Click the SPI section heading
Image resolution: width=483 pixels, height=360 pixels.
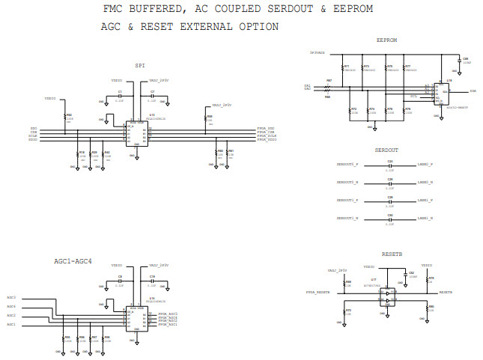point(140,65)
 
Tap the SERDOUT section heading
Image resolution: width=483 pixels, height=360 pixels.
point(387,150)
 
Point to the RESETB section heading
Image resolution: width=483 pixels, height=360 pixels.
point(392,254)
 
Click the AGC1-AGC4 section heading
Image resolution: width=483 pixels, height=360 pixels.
point(73,260)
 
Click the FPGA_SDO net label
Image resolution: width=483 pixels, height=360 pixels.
point(267,129)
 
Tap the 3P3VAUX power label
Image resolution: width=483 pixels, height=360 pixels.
point(317,53)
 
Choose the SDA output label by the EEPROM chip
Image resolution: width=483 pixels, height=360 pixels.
point(473,91)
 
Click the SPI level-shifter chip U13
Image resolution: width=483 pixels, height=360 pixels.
point(136,132)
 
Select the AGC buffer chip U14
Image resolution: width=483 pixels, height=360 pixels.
point(136,318)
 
